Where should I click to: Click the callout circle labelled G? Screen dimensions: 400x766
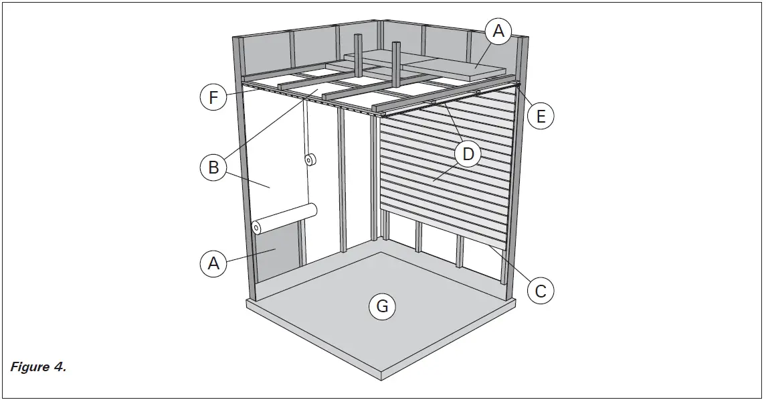382,306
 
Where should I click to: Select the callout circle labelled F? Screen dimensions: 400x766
213,98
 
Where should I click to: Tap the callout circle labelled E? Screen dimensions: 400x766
541,116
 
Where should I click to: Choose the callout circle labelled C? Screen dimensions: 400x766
541,290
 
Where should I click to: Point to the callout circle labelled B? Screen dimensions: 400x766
213,167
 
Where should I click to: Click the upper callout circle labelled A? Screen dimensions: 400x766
498,30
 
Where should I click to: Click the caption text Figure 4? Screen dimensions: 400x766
37,367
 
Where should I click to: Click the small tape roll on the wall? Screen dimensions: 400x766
310,160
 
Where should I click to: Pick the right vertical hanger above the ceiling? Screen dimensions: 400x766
396,64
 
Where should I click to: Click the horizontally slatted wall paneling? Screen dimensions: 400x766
445,168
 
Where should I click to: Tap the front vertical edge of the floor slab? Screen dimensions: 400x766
382,373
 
